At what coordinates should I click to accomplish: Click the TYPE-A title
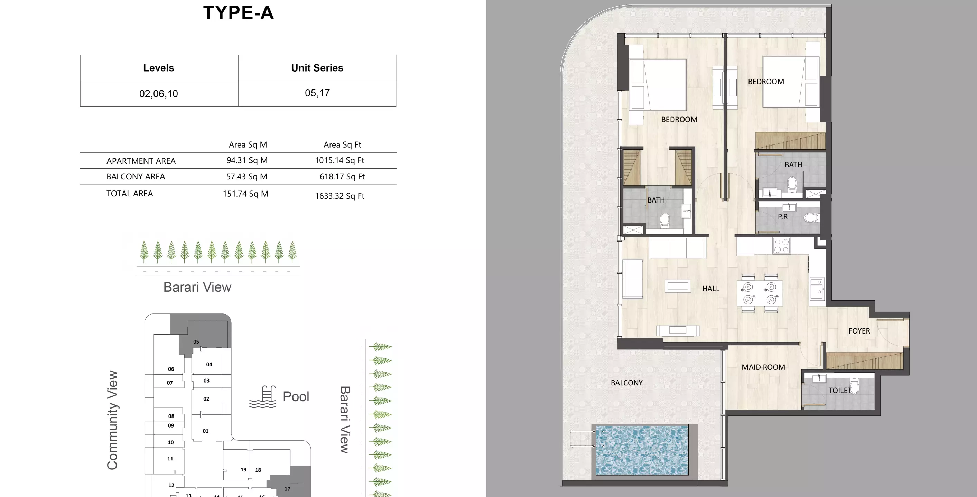(x=238, y=13)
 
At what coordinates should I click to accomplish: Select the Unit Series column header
(x=317, y=68)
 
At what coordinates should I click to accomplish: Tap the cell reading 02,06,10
(x=159, y=94)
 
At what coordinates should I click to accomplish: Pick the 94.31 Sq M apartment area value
(x=247, y=160)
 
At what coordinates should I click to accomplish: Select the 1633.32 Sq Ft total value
(x=339, y=196)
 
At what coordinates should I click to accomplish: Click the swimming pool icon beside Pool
(x=263, y=397)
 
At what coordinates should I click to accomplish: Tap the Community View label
(x=112, y=420)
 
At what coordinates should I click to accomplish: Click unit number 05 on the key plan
(x=196, y=341)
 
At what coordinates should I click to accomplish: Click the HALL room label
(x=710, y=289)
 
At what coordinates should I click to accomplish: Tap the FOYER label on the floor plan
(x=859, y=331)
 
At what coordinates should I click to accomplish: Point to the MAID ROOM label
(x=763, y=367)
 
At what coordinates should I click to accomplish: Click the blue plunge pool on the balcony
(x=642, y=450)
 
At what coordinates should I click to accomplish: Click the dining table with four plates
(x=759, y=293)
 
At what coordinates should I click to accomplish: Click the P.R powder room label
(x=782, y=217)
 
